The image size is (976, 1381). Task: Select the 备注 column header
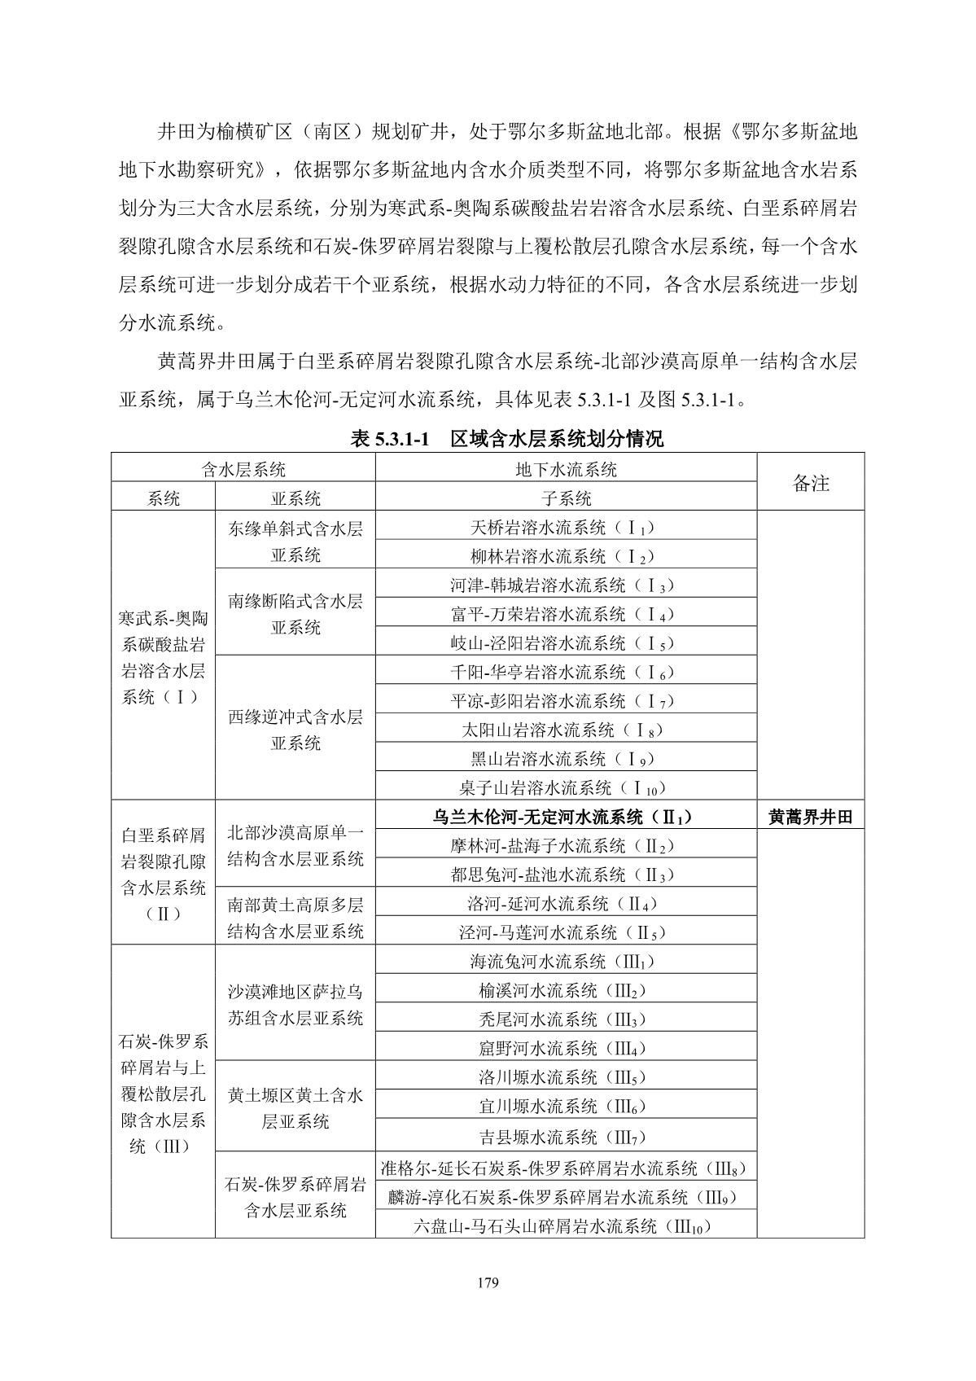tap(811, 483)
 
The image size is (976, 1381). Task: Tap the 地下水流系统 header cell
tap(566, 470)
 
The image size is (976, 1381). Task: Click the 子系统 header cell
tap(566, 498)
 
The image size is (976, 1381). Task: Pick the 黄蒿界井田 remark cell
tap(811, 817)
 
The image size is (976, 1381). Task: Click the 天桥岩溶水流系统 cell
tap(566, 528)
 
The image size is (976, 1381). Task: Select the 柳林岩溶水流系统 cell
tap(566, 557)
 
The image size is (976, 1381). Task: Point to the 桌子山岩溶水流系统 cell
tap(566, 787)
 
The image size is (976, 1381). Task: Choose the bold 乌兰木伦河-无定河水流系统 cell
tap(566, 817)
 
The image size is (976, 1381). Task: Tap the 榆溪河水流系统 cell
tap(566, 991)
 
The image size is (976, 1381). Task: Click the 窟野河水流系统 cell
tap(566, 1049)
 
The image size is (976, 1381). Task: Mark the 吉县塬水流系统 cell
tap(566, 1137)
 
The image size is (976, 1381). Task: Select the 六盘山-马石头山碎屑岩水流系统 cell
tap(566, 1225)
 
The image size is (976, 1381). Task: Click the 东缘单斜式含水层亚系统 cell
tap(295, 541)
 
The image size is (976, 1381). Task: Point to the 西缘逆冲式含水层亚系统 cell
tap(295, 730)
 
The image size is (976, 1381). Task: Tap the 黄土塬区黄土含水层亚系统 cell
tap(295, 1107)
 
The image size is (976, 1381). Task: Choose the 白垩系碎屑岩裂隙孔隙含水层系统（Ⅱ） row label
tap(163, 873)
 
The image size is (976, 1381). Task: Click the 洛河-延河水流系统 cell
tap(566, 904)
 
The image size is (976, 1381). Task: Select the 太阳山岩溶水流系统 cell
tap(566, 730)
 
